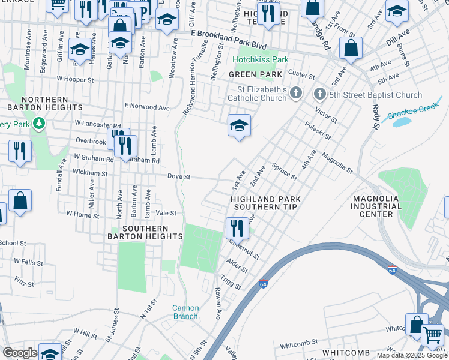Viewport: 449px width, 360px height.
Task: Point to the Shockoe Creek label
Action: pyautogui.click(x=415, y=112)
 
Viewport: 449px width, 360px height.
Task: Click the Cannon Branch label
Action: pyautogui.click(x=185, y=312)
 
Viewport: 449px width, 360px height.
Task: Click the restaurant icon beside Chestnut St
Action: pyautogui.click(x=237, y=227)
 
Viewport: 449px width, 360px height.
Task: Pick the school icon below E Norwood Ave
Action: pyautogui.click(x=239, y=125)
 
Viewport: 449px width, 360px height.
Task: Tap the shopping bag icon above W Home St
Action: pyautogui.click(x=20, y=201)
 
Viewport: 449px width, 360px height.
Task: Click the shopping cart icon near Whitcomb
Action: pyautogui.click(x=432, y=334)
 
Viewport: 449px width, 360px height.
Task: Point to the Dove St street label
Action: pyautogui.click(x=178, y=177)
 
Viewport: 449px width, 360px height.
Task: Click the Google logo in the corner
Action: pyautogui.click(x=19, y=353)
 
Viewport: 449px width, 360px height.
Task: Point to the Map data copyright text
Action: pyautogui.click(x=412, y=355)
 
